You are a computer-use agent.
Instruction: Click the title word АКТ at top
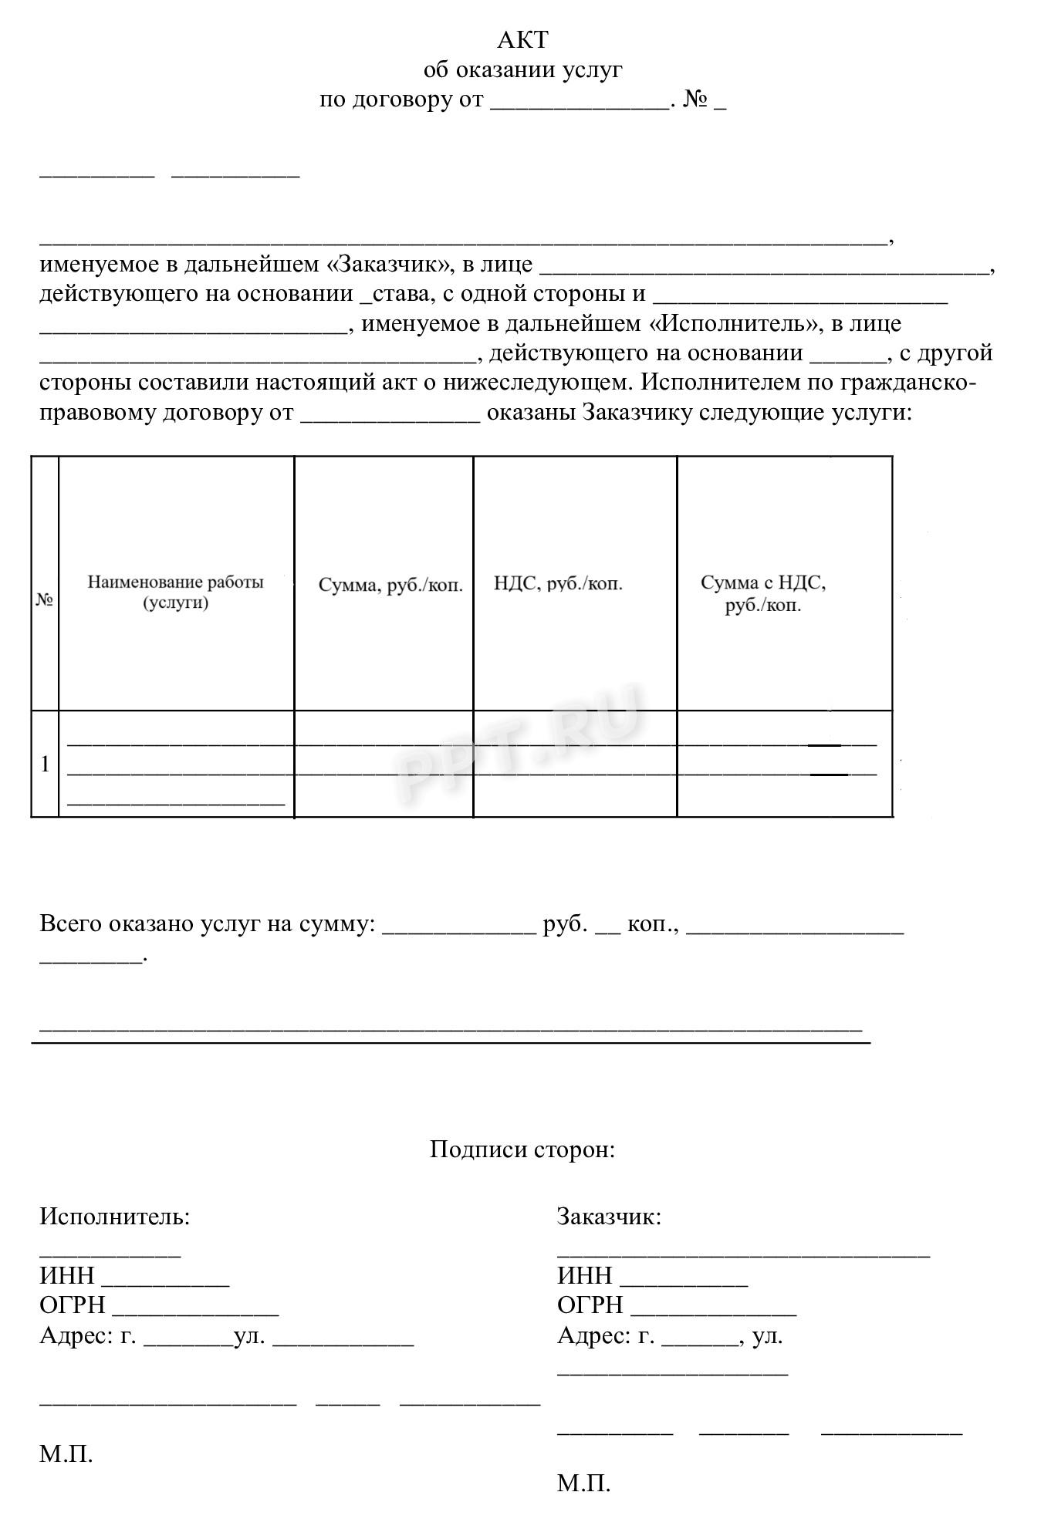(x=522, y=39)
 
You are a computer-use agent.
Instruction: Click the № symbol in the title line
(x=696, y=100)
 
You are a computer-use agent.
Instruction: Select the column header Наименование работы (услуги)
(x=175, y=592)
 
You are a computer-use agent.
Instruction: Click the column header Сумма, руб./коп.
(x=390, y=585)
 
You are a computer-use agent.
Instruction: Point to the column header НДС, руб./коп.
(x=558, y=583)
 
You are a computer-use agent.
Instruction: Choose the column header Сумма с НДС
(x=762, y=592)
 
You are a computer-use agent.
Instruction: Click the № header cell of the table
(x=45, y=599)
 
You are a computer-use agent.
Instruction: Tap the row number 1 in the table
(x=45, y=764)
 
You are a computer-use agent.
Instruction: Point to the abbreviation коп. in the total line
(x=651, y=923)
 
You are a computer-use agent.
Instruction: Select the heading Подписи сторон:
(x=522, y=1149)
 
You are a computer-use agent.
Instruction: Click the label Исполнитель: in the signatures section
(x=114, y=1217)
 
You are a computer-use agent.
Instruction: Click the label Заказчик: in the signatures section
(x=609, y=1217)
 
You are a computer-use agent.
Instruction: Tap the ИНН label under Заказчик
(x=584, y=1275)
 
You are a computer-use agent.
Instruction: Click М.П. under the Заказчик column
(x=583, y=1483)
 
